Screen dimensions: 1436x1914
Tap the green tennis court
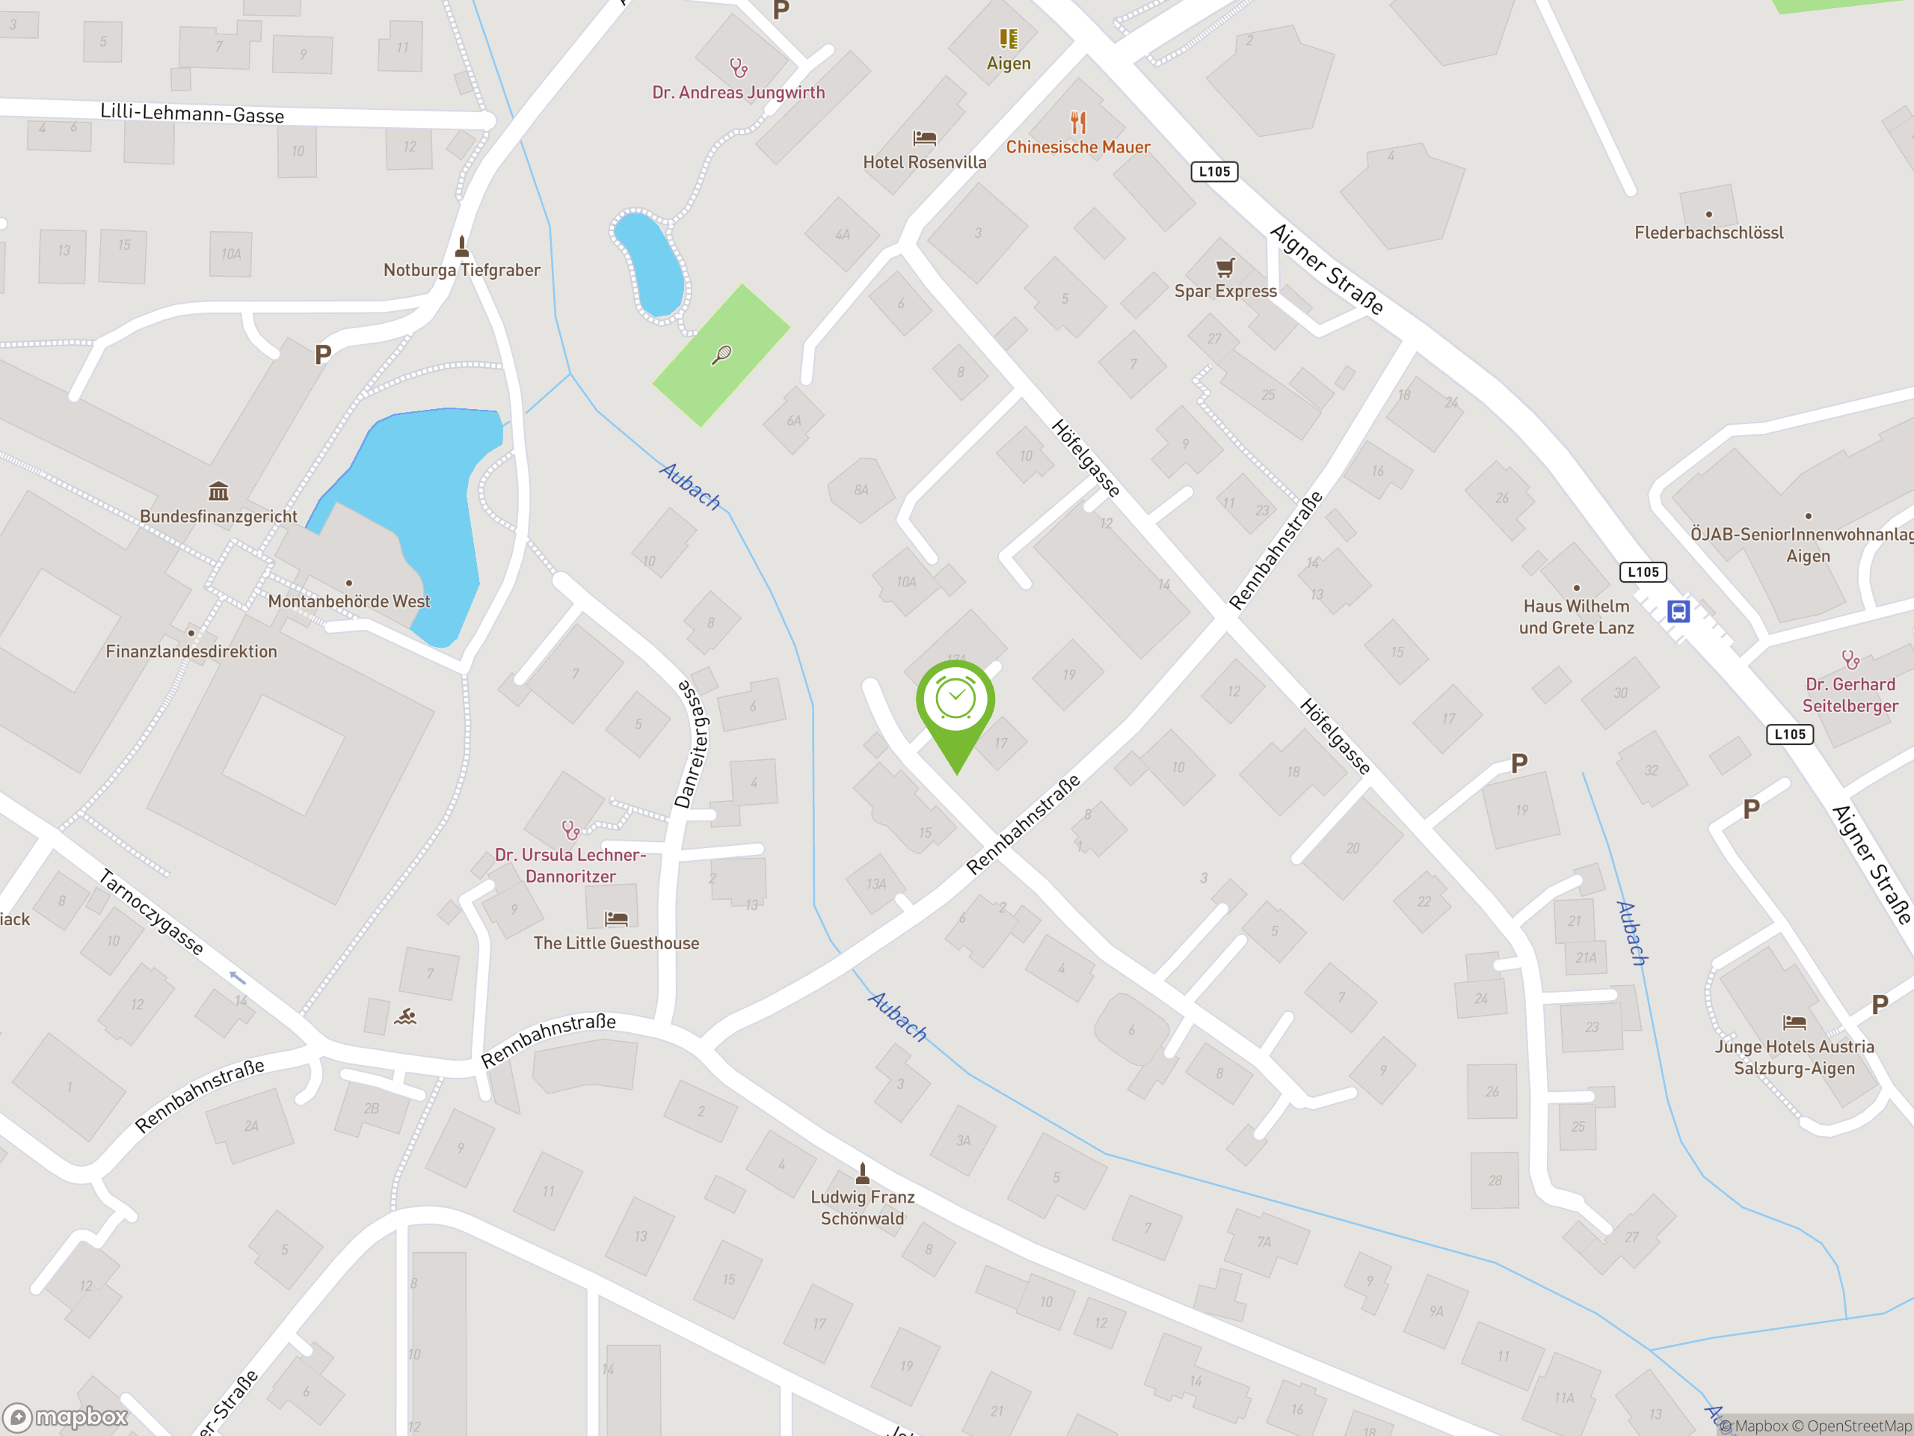point(721,355)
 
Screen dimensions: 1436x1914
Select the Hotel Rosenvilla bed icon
point(924,138)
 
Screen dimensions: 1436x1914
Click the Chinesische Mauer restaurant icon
point(1077,122)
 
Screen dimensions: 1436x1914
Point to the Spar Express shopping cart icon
point(1225,266)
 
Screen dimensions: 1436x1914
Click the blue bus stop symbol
point(1678,612)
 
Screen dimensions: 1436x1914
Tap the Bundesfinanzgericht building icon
point(218,491)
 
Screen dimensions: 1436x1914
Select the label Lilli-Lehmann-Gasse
point(192,114)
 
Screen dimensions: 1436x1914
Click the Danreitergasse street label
point(692,744)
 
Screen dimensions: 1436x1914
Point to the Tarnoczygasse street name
point(152,912)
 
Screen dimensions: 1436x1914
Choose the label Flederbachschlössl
point(1708,233)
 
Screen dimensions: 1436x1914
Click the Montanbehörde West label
point(348,601)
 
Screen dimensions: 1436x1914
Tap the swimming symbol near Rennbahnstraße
point(405,1016)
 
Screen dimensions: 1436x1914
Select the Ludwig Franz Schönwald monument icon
point(862,1173)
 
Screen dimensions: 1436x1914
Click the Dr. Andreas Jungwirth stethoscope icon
point(738,67)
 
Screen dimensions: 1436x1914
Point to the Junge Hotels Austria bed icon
point(1794,1022)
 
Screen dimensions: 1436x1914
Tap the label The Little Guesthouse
point(616,943)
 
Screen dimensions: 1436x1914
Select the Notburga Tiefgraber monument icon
point(461,247)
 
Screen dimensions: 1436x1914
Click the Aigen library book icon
point(1008,39)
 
